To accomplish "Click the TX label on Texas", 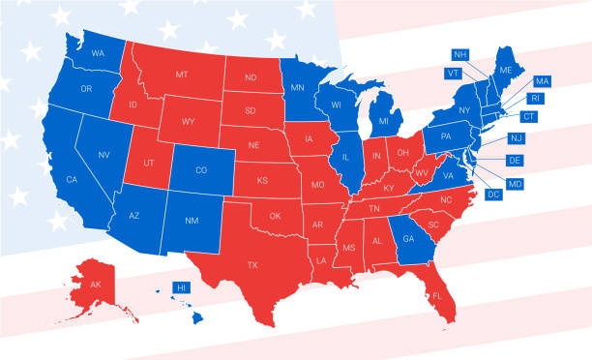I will (252, 264).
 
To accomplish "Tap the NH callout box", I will (459, 54).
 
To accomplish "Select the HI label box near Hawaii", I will (180, 287).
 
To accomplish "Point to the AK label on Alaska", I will (95, 285).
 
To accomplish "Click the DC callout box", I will (493, 195).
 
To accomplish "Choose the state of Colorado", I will (201, 171).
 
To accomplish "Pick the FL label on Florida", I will (437, 295).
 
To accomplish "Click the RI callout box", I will (534, 98).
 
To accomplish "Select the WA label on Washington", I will (98, 53).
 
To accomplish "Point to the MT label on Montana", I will (181, 75).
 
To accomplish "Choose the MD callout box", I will (515, 183).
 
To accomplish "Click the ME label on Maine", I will (505, 72).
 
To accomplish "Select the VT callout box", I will (453, 73).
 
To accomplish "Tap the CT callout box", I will (527, 116).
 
